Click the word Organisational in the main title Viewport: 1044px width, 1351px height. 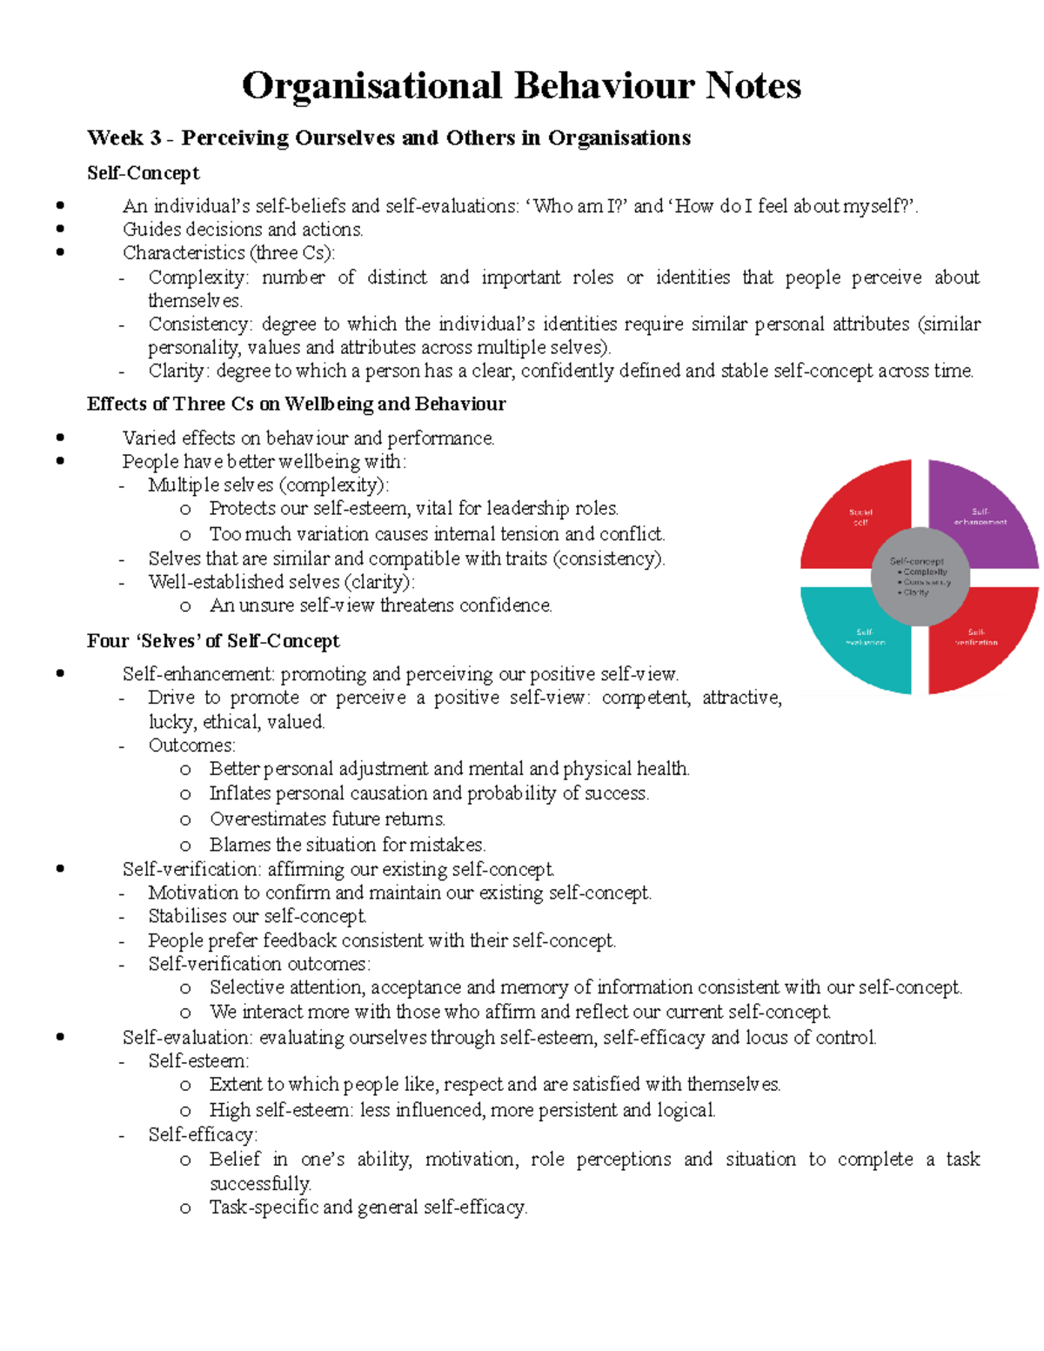[371, 86]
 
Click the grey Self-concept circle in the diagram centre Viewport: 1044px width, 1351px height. [919, 576]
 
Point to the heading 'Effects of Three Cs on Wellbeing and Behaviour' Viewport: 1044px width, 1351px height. [296, 405]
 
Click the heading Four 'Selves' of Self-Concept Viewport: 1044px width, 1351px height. [213, 641]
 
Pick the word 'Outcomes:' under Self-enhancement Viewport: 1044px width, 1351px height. [191, 746]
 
